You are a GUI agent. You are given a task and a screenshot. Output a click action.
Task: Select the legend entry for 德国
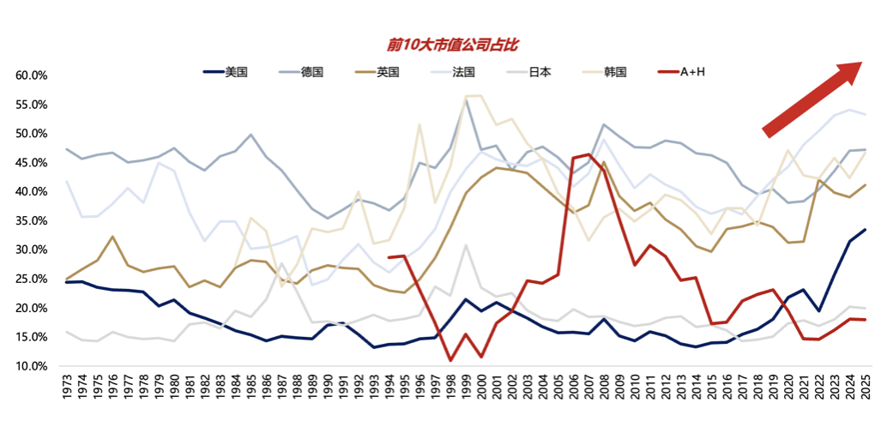click(311, 73)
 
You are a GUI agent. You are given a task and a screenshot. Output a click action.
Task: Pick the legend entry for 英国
click(388, 73)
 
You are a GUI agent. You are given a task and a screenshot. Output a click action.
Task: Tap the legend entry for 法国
click(463, 73)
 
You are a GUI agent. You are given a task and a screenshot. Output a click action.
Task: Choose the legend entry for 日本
click(540, 73)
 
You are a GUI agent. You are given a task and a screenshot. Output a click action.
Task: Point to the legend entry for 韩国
click(615, 73)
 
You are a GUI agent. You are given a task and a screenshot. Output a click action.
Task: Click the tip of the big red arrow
click(861, 63)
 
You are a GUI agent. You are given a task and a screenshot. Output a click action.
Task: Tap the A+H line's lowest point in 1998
click(450, 360)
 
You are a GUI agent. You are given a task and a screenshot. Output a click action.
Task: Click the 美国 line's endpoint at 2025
click(864, 229)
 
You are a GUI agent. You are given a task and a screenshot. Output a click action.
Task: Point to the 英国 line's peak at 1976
click(113, 237)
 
